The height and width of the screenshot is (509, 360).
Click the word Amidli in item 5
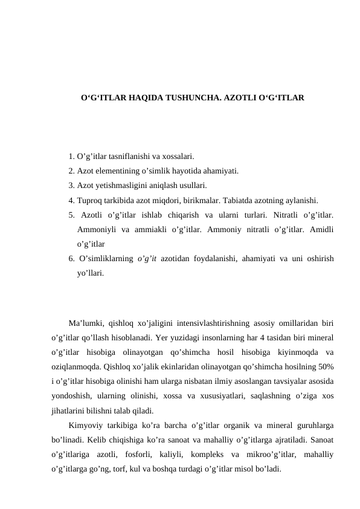(x=322, y=229)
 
